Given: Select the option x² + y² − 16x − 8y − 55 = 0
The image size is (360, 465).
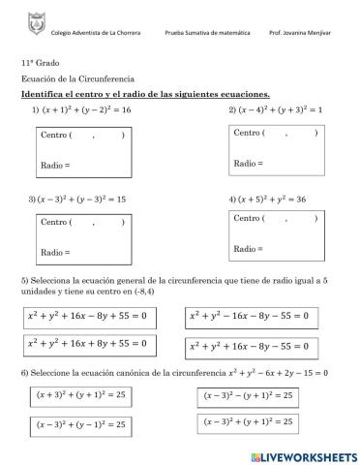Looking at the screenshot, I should [x=251, y=316].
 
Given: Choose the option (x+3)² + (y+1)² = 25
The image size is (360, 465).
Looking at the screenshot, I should [x=81, y=395].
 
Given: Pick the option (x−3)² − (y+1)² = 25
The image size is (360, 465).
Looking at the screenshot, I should [x=249, y=395].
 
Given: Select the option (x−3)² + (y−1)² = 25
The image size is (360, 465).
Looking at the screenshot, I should [x=81, y=424].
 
